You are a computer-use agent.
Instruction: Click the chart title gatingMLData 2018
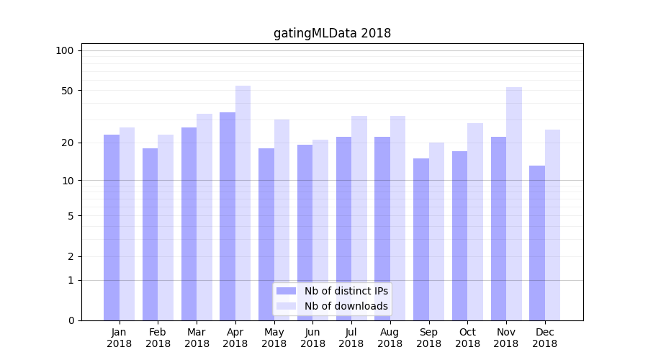tap(332, 33)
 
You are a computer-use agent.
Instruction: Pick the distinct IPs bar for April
tap(228, 216)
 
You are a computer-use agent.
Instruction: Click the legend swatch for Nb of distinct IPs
tap(287, 291)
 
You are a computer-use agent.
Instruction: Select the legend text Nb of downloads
tap(346, 306)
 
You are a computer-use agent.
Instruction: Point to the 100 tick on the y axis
tap(65, 50)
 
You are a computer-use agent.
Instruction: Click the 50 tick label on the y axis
tap(67, 91)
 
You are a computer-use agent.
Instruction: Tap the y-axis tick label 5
tap(70, 216)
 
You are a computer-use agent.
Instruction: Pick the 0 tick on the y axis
tap(70, 320)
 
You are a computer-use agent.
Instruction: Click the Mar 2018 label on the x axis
tap(197, 338)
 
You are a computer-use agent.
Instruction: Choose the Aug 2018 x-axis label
tap(390, 338)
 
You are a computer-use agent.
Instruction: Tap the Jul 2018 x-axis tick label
tap(351, 338)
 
